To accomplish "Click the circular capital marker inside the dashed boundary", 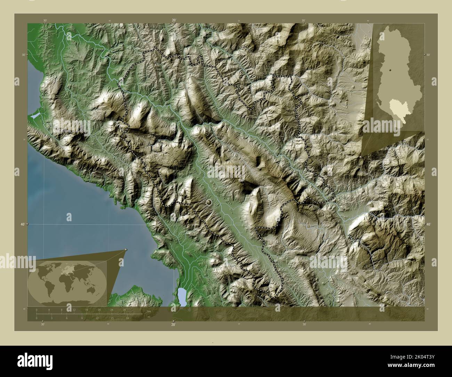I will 209,202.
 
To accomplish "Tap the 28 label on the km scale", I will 124,310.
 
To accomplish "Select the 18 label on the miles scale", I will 128,318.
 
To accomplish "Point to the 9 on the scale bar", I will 82,318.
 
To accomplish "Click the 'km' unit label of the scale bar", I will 149,311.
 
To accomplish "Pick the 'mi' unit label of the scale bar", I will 149,317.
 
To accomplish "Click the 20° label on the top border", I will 173,21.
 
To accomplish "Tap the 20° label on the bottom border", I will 173,324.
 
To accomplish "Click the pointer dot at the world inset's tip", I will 126,250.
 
